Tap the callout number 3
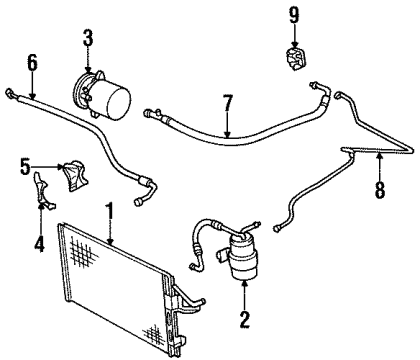pyautogui.click(x=87, y=39)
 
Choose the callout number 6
pyautogui.click(x=32, y=63)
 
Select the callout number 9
pyautogui.click(x=293, y=14)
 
